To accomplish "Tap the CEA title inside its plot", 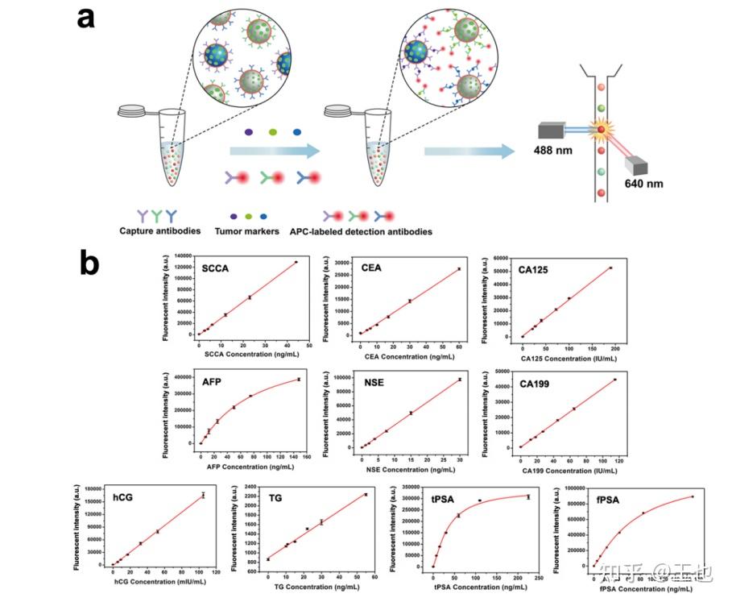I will [x=372, y=268].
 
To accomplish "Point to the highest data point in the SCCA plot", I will [x=296, y=262].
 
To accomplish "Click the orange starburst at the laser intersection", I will [x=599, y=130].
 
